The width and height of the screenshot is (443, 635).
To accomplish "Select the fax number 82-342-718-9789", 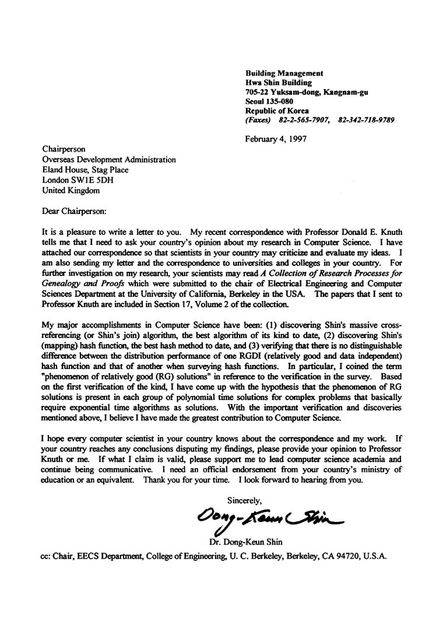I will pos(365,120).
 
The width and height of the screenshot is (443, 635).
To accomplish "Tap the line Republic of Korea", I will pos(277,111).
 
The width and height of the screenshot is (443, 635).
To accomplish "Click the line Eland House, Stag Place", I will pos(86,170).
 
